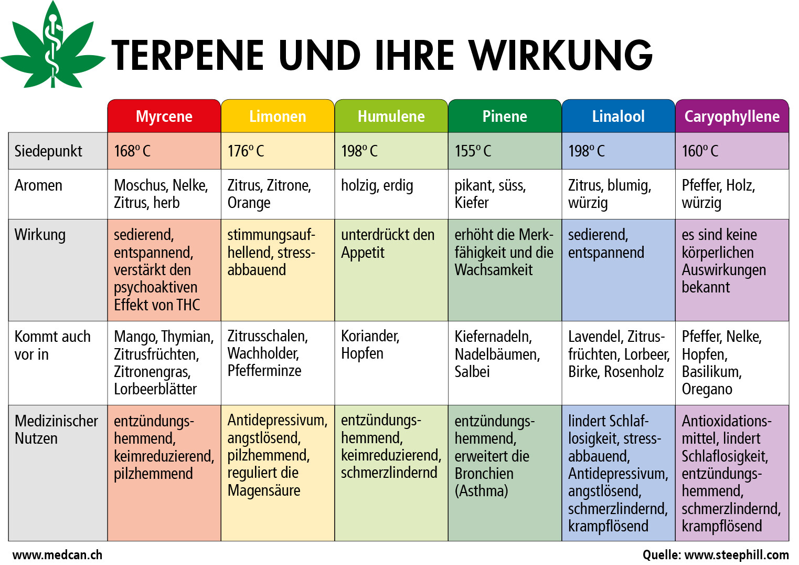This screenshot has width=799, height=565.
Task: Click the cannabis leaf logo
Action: [53, 45]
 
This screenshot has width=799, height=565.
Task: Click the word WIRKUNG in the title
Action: [561, 55]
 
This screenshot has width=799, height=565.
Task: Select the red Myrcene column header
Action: [164, 116]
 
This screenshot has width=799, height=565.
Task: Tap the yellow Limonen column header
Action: [278, 116]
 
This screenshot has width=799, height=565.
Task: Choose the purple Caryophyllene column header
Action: [732, 116]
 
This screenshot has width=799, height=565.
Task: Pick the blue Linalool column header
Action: [619, 116]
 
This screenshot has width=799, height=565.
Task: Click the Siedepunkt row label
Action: [48, 151]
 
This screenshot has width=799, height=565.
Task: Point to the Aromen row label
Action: [38, 185]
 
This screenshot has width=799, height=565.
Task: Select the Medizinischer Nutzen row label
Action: [56, 430]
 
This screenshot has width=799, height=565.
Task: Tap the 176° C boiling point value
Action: [246, 151]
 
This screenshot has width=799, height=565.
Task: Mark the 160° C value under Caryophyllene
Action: [700, 151]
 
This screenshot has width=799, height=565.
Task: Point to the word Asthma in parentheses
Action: [481, 491]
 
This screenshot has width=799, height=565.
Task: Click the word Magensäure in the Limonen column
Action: [264, 490]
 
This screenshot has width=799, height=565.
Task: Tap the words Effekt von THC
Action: [157, 305]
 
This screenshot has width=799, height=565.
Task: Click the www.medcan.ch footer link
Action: [57, 555]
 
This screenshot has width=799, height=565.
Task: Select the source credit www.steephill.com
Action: [736, 555]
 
